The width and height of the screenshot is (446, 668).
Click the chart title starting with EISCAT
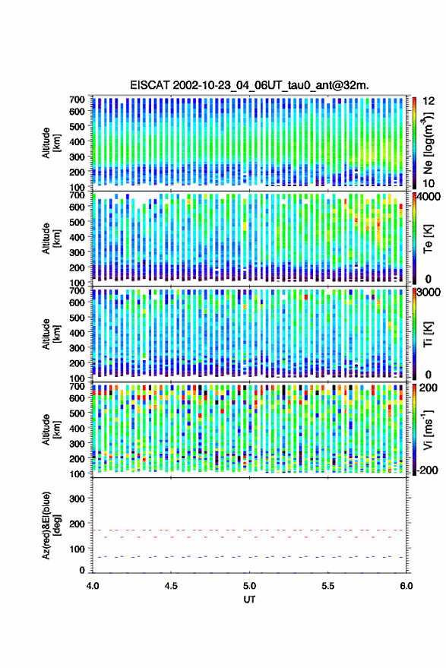[x=249, y=85]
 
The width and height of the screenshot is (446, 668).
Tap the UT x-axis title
[x=249, y=600]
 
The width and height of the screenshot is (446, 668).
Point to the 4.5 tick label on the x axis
[x=171, y=586]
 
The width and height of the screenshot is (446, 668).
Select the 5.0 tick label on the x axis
[x=249, y=586]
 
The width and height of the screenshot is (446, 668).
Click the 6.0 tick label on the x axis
[x=406, y=586]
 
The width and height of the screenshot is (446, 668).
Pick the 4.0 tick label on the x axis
[x=93, y=586]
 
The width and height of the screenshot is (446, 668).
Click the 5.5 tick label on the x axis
[x=327, y=586]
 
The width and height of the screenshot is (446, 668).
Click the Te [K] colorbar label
[x=428, y=239]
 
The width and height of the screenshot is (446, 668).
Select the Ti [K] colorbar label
[x=428, y=334]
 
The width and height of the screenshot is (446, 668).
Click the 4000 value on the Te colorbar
[x=429, y=197]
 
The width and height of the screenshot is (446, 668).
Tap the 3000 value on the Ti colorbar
[x=429, y=293]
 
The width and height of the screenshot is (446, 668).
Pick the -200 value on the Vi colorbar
[x=427, y=470]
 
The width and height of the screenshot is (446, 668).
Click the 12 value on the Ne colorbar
[x=429, y=101]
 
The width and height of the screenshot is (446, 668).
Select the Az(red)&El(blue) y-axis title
[x=51, y=525]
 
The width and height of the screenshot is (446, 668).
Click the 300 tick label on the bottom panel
[x=77, y=499]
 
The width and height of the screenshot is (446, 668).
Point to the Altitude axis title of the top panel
[x=51, y=143]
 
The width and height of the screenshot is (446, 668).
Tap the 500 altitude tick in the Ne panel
[x=77, y=126]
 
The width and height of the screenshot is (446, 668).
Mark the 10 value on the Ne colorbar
[x=429, y=184]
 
